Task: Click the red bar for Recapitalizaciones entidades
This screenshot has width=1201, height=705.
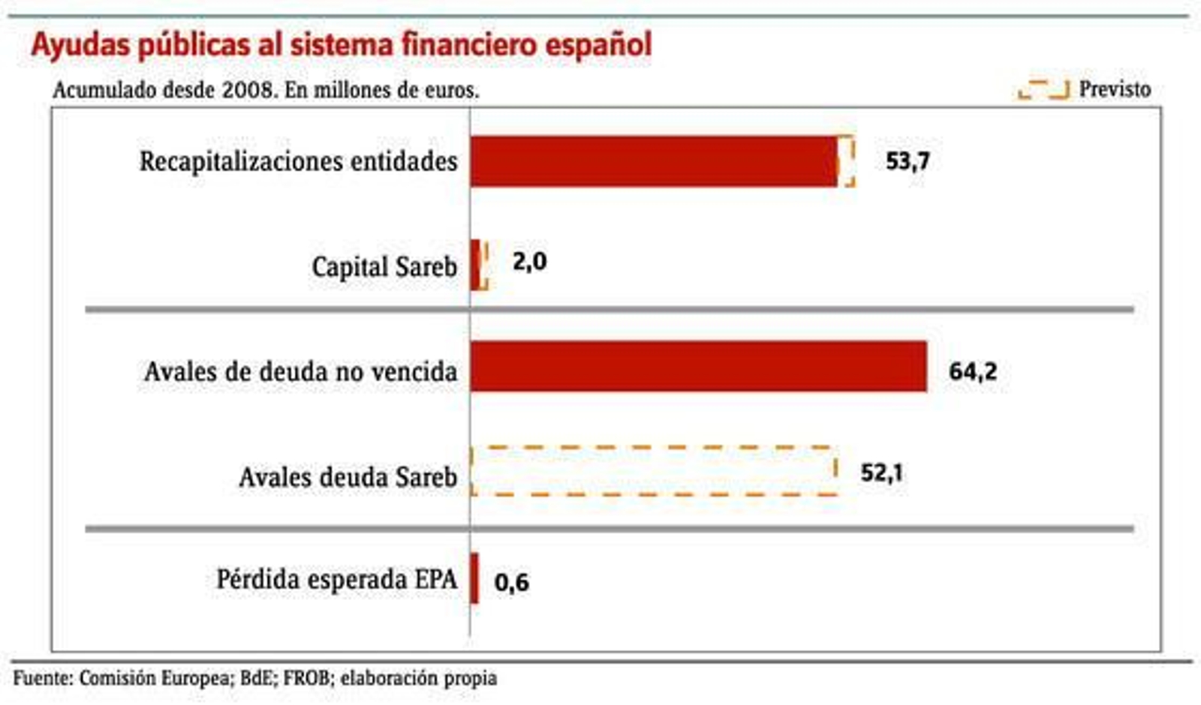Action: coord(653,161)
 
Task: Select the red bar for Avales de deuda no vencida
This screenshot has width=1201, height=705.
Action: coord(698,367)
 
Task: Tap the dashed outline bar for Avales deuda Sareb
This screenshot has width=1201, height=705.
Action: coord(653,471)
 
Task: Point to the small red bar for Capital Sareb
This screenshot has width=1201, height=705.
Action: coord(475,265)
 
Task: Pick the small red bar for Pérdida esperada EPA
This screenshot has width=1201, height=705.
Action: coord(474,578)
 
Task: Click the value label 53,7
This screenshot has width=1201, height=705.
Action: coord(908,161)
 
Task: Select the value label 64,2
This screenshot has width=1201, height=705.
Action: coord(973,371)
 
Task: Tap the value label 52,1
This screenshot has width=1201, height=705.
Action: coord(881,472)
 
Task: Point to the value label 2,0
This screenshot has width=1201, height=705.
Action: coord(529,262)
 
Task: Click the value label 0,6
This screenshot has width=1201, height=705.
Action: coord(511,582)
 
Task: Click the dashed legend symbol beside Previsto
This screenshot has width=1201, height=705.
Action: coord(1043,89)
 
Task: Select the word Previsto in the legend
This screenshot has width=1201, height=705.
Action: coord(1115,89)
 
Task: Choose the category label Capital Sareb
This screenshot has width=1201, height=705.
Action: coord(384,266)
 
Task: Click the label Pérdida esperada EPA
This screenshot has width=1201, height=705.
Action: coord(336,579)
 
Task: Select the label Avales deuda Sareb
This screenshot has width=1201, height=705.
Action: coord(348,477)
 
